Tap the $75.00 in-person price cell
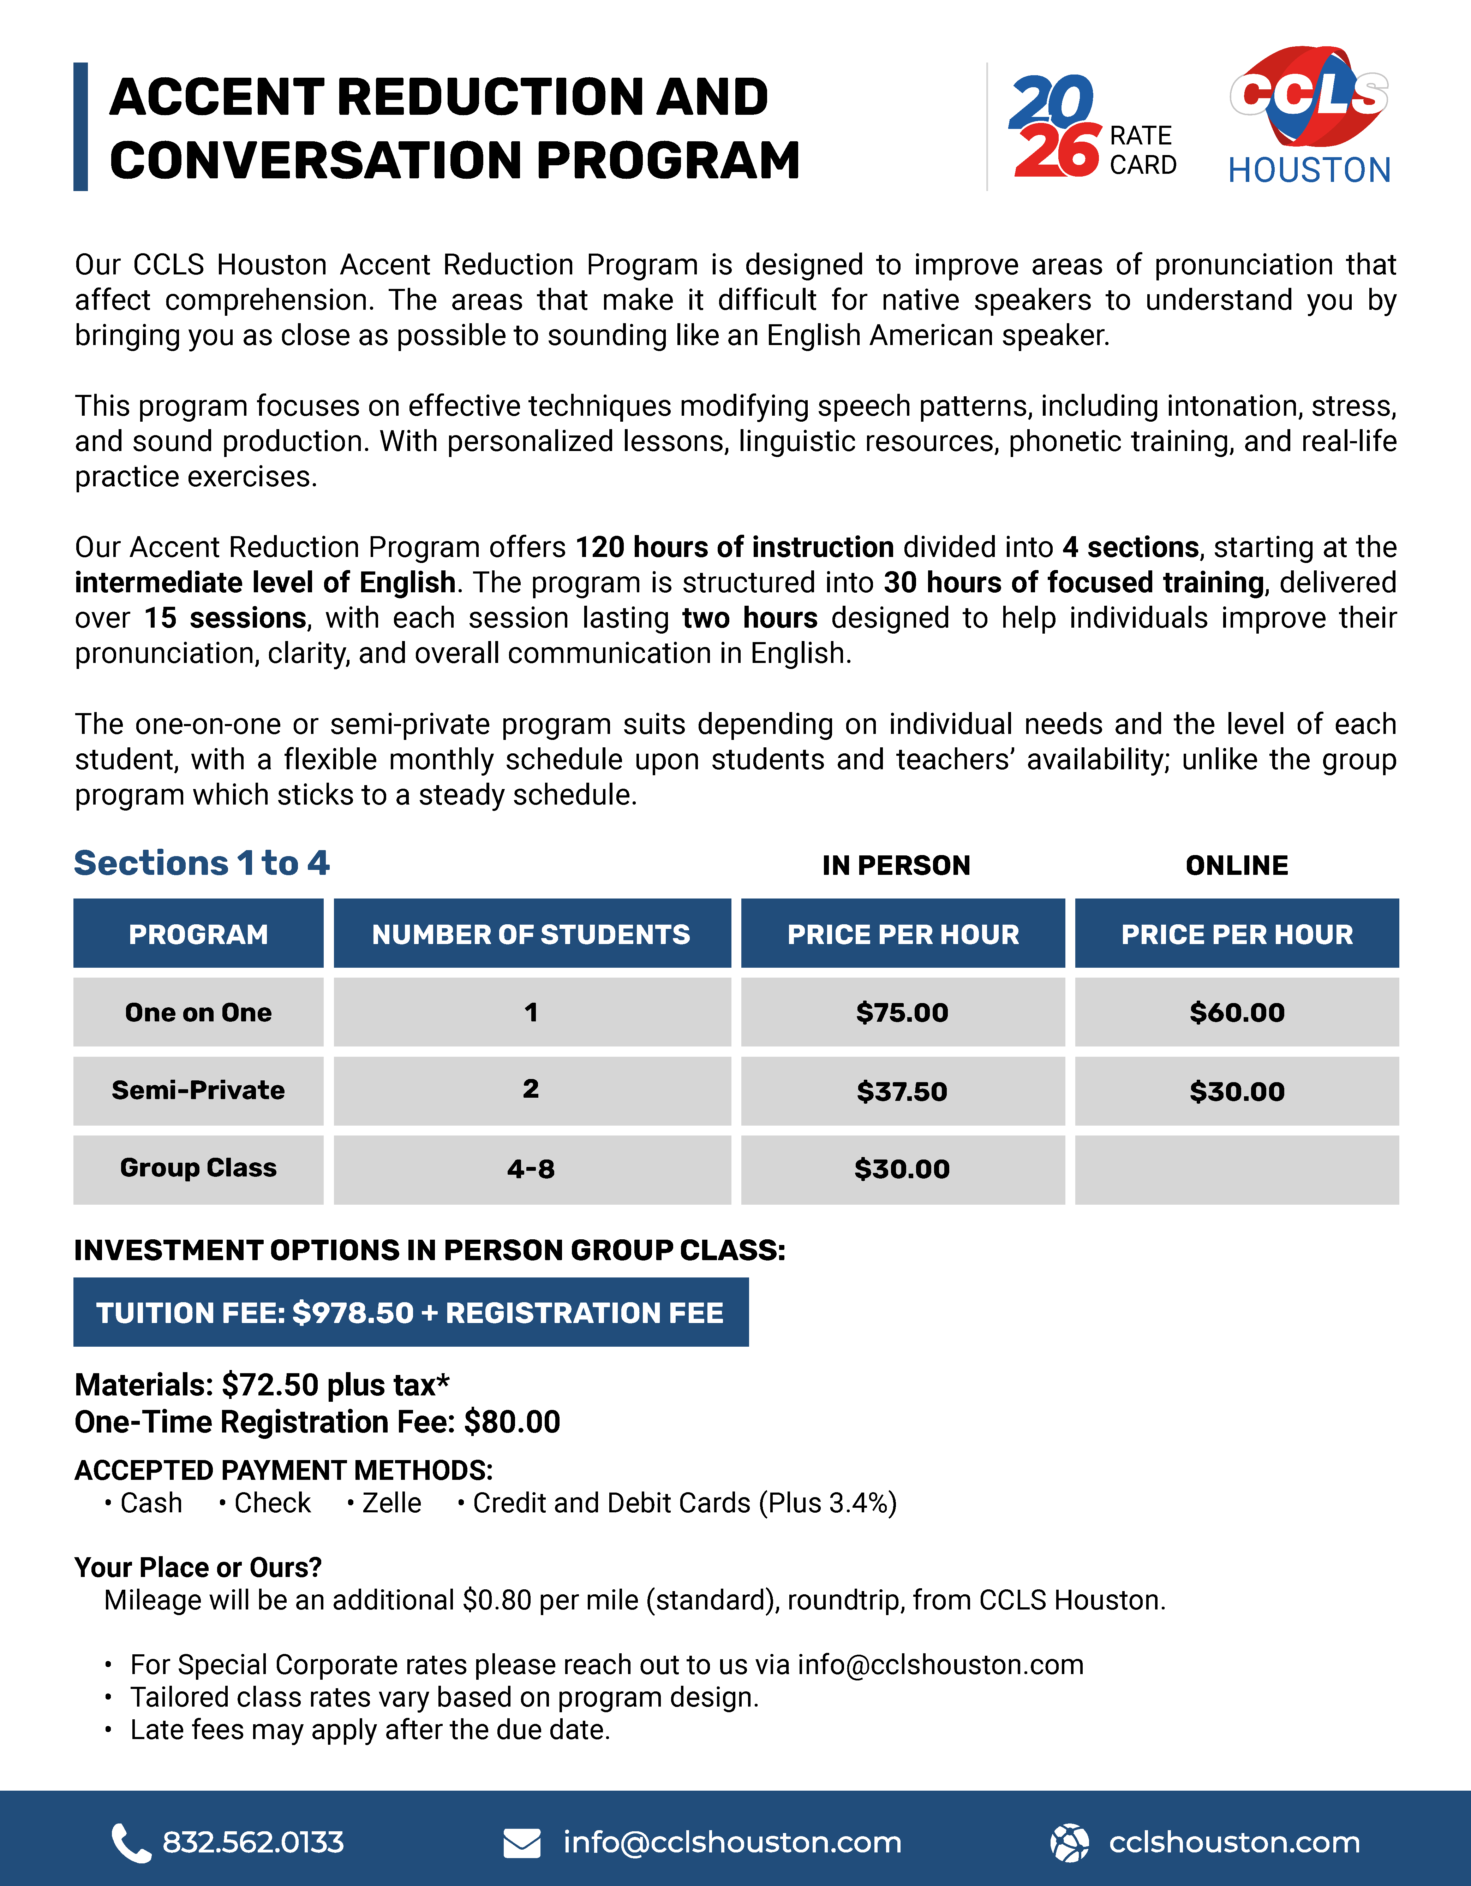point(902,1012)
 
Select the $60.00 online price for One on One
point(1236,1012)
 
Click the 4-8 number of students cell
point(531,1169)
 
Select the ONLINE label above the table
point(1236,865)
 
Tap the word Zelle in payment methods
point(391,1504)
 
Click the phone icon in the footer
point(131,1843)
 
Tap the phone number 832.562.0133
point(253,1843)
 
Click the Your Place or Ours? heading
point(198,1567)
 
